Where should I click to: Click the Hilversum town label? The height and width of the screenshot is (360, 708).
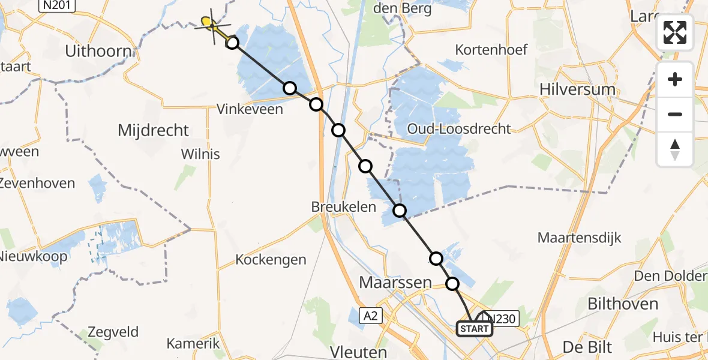click(577, 89)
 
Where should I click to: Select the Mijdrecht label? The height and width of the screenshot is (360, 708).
click(154, 130)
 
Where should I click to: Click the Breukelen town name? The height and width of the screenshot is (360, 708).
click(344, 207)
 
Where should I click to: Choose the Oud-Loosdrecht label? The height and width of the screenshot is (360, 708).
click(458, 128)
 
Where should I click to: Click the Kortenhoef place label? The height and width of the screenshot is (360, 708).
click(491, 50)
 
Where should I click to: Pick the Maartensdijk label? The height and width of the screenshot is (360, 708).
click(579, 238)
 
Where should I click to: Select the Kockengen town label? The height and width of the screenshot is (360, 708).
click(271, 260)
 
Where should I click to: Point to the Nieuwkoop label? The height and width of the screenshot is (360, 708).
click(34, 257)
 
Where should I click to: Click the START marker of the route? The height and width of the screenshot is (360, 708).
click(475, 329)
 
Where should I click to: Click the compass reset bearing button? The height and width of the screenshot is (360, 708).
click(675, 149)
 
